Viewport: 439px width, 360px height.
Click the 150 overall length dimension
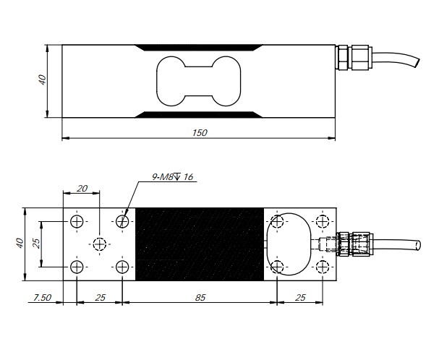tap(200, 132)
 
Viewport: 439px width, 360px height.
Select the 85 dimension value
tap(199, 297)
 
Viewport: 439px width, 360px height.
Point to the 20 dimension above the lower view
tap(82, 188)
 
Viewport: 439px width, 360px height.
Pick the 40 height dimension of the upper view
tap(42, 79)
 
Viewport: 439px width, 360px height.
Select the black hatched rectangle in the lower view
tap(199, 244)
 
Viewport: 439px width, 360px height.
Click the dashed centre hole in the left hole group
tap(100, 243)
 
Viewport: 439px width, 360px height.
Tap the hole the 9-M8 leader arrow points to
tap(122, 220)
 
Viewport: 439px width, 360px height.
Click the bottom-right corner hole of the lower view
tap(323, 267)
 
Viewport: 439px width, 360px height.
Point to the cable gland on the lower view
tap(355, 243)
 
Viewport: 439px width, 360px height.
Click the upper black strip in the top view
tap(200, 48)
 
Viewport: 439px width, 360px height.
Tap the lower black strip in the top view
tap(200, 113)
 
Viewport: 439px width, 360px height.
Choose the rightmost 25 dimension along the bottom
tap(300, 297)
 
